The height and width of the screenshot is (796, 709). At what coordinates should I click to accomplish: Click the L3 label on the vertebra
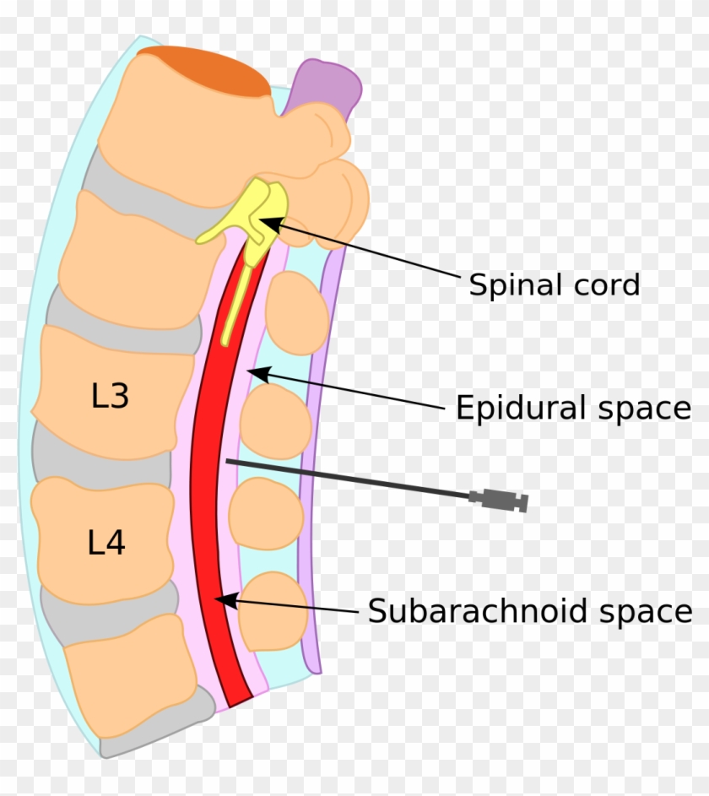point(111,395)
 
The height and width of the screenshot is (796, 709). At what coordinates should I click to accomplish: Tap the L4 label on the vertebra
point(106,543)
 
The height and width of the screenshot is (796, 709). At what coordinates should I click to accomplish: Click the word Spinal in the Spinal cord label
point(508,284)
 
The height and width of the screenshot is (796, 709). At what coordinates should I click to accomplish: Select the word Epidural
point(521,409)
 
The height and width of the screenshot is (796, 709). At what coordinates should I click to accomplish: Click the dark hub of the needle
point(499,501)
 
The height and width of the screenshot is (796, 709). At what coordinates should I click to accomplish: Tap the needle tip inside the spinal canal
point(228,461)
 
